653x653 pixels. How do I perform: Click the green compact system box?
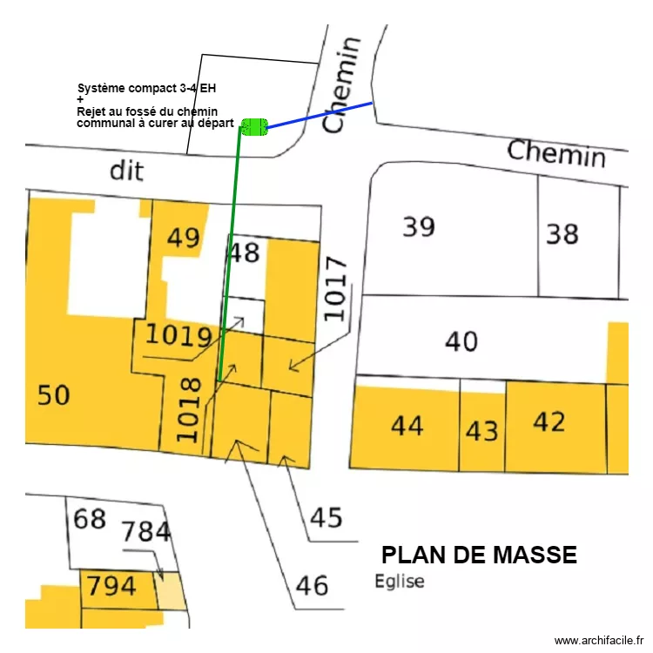click(253, 127)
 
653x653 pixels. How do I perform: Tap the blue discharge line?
click(320, 115)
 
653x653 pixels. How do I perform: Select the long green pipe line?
click(231, 252)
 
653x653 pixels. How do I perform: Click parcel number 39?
click(418, 227)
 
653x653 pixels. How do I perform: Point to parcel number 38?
click(562, 233)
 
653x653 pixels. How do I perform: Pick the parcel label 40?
click(461, 341)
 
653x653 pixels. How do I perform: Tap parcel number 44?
click(407, 426)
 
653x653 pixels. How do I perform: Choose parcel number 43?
click(481, 431)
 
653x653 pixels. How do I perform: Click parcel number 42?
click(549, 421)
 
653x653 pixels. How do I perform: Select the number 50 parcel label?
click(53, 395)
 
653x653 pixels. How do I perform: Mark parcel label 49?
click(183, 238)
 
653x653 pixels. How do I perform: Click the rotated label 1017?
click(335, 288)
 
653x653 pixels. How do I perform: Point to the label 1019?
click(178, 335)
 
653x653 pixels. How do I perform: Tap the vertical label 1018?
click(188, 409)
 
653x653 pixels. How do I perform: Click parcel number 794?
click(111, 586)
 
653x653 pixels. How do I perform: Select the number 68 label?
click(89, 520)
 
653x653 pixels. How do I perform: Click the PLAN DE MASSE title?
click(479, 555)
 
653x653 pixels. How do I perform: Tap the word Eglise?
click(400, 582)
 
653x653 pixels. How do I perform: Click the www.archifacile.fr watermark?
click(596, 641)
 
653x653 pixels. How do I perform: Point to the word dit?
click(126, 170)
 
